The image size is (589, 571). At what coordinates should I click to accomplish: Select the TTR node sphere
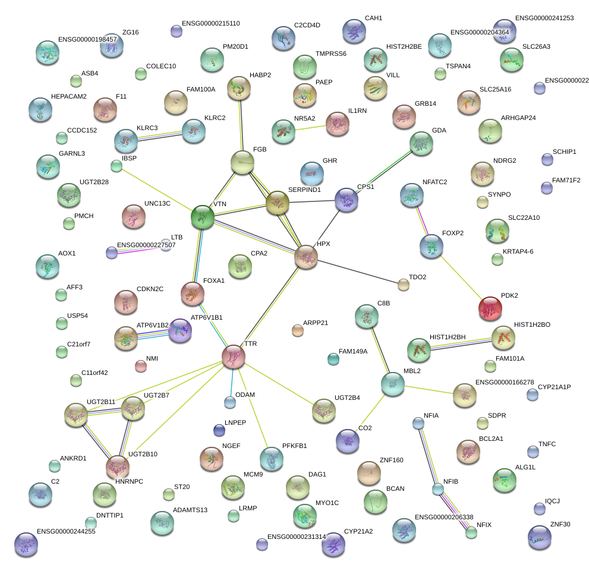pos(234,355)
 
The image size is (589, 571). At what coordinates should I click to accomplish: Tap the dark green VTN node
pos(202,217)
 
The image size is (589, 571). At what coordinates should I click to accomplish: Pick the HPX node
pos(306,257)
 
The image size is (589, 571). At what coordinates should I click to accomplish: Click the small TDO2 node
pos(404,285)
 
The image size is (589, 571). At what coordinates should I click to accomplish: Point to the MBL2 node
pos(392,384)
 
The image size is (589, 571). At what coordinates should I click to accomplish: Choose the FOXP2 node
pos(431,246)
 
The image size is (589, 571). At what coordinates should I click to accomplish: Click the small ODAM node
pos(230,403)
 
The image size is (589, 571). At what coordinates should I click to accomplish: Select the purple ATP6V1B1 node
pos(181,330)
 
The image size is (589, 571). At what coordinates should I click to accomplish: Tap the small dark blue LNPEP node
pos(219,430)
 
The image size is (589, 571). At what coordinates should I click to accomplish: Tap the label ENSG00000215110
pos(212,23)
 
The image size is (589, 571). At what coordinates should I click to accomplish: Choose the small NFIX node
pos(471,532)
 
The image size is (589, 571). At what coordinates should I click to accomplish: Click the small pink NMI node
pos(141,366)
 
